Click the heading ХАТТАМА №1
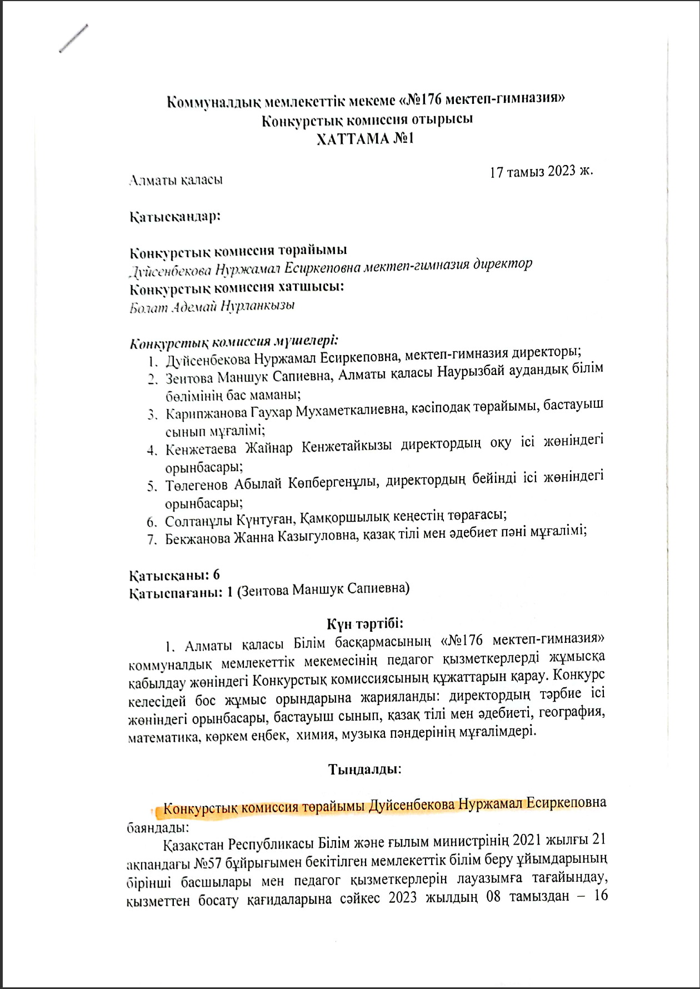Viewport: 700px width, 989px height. tap(365, 138)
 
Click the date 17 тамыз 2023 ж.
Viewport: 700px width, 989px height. tap(542, 171)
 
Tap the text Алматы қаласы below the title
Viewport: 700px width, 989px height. tap(176, 180)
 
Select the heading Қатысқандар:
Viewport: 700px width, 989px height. tap(175, 216)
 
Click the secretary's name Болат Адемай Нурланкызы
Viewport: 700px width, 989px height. tap(212, 306)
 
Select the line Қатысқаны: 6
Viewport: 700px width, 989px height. tap(175, 575)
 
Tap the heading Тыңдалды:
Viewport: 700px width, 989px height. tap(365, 769)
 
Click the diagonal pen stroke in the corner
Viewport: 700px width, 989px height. tap(73, 39)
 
